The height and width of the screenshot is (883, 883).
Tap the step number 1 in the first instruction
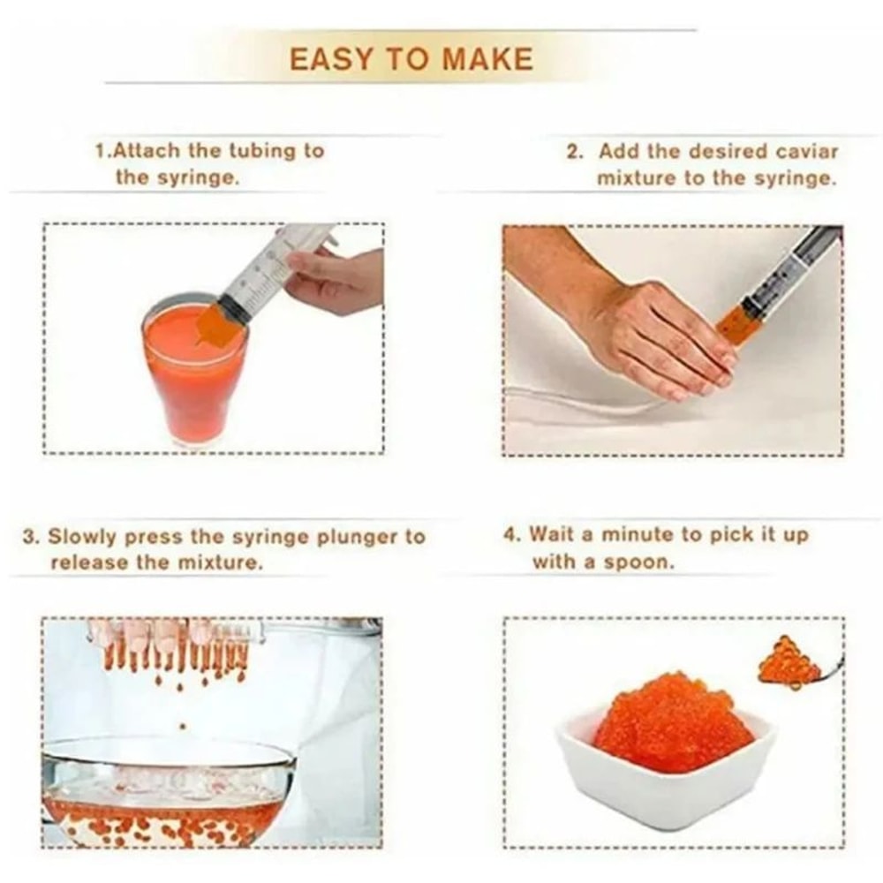(x=100, y=151)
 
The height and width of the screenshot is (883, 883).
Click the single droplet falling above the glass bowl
(x=183, y=726)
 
